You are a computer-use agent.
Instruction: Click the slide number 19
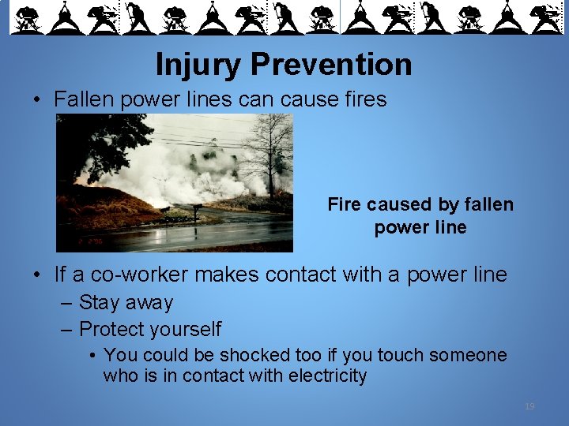tap(529, 406)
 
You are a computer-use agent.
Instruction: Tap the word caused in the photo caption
tap(403, 205)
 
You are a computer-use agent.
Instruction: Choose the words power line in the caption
tap(420, 228)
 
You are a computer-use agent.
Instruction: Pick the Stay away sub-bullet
tap(126, 302)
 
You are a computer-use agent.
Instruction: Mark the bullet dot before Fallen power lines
tap(38, 100)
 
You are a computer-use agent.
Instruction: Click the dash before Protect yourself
tap(68, 329)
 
